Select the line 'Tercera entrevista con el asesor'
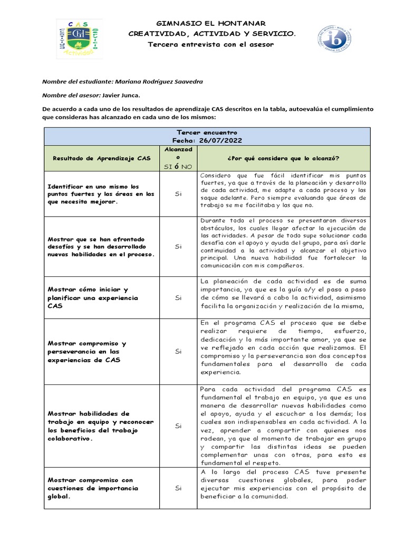(x=211, y=44)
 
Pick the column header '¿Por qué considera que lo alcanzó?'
(x=283, y=158)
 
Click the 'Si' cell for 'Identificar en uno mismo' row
(x=178, y=194)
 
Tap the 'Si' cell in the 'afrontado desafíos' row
(x=178, y=246)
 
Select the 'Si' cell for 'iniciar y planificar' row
(x=178, y=298)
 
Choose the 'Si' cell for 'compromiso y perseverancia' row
(x=178, y=351)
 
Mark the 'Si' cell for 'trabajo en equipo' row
(x=178, y=426)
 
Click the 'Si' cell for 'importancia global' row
(x=178, y=488)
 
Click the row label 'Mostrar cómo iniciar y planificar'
(x=93, y=298)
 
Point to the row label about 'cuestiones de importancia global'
(x=93, y=488)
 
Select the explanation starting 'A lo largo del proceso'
(x=283, y=484)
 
